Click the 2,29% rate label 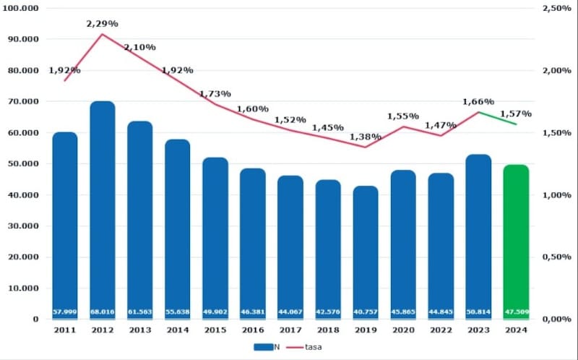click(101, 24)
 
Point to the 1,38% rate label click(365, 136)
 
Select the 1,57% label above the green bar click(516, 113)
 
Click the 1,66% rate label click(478, 102)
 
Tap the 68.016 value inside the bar click(103, 312)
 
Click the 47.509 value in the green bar click(516, 312)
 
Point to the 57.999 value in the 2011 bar click(65, 312)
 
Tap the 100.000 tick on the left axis click(24, 8)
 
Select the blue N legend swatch click(263, 347)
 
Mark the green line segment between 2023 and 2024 click(497, 118)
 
